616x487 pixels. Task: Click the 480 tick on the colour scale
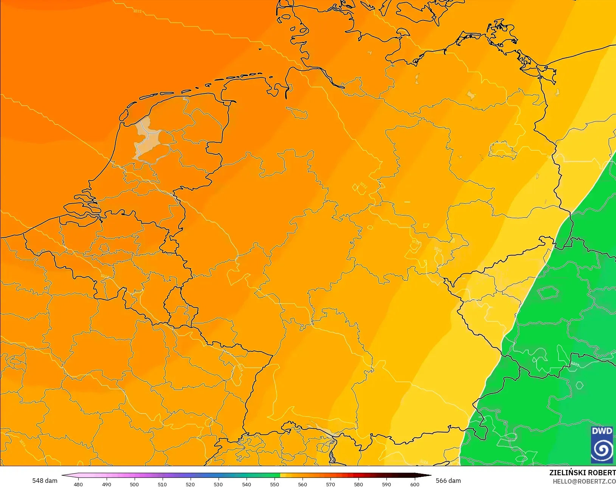78,484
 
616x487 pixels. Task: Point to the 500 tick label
134,484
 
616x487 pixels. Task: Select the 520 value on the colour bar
190,484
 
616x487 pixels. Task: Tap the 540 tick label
247,484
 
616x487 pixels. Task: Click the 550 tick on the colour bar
275,484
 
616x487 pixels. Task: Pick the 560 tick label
303,484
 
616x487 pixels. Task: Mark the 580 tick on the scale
358,484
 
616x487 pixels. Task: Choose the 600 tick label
415,484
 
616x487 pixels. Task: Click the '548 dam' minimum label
45,481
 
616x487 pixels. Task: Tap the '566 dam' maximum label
448,481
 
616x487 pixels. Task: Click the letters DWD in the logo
602,431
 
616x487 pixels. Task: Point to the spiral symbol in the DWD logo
602,449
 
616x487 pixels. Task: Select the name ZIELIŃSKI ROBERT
582,473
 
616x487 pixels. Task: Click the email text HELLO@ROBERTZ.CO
584,481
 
